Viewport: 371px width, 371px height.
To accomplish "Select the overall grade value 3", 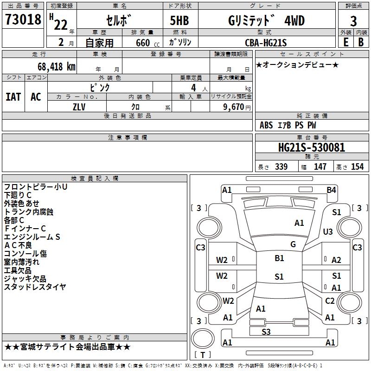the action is (353, 21).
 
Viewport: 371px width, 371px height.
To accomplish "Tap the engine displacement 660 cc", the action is (142, 43).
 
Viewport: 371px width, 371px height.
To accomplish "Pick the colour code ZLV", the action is (79, 107).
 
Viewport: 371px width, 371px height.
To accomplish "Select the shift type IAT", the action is (13, 97).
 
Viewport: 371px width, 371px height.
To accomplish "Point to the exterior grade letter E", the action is (345, 43).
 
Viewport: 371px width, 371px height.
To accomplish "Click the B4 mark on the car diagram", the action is (331, 190).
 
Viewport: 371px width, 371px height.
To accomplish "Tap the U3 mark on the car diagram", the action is (328, 231).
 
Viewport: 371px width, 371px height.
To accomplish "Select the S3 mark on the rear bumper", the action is (266, 331).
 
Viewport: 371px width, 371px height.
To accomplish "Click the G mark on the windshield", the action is (293, 244).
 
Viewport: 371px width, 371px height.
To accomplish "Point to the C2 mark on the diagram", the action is (330, 301).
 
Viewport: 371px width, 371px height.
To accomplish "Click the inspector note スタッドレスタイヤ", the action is (35, 287).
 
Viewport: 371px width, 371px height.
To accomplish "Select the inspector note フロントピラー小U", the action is (36, 186).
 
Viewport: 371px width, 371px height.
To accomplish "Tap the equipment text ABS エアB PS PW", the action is (288, 125).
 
